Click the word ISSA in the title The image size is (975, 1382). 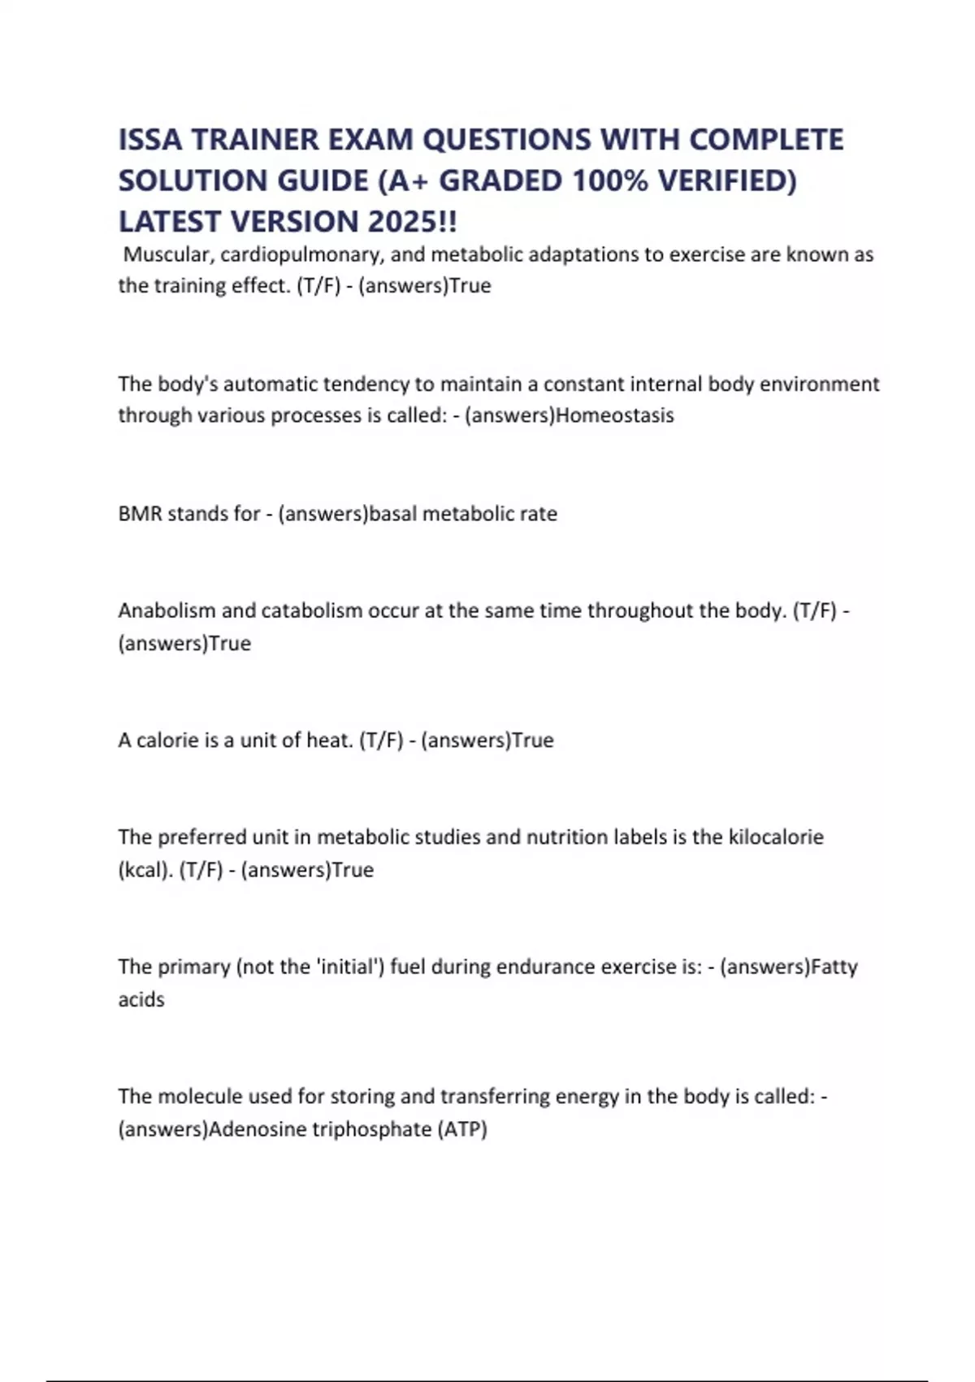coord(150,140)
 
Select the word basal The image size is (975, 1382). coord(393,514)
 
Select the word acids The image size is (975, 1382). coord(141,999)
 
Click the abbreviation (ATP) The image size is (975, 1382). coord(462,1129)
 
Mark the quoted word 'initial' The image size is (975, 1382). coord(349,967)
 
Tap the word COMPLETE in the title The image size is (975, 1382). coord(766,140)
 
